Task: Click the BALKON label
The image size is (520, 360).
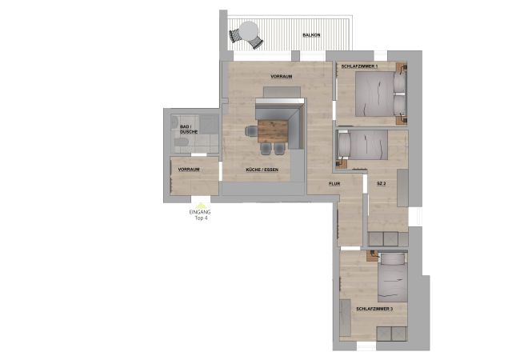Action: [311, 36]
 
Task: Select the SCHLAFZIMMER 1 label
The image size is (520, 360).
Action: [358, 66]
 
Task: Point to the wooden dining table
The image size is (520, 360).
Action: [273, 130]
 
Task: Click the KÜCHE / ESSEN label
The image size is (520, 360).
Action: [261, 170]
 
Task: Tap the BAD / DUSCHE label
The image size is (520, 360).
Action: [186, 129]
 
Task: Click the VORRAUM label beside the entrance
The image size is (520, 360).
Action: [188, 170]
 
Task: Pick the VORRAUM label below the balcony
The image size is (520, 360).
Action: [281, 76]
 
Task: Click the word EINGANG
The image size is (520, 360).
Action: [200, 211]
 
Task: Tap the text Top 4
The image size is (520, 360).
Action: [201, 218]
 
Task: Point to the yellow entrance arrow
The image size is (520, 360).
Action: [201, 204]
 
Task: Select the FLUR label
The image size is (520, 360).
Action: [335, 184]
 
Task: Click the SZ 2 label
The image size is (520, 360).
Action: [382, 185]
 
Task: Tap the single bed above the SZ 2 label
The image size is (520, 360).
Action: [365, 145]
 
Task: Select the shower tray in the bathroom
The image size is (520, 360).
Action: [208, 125]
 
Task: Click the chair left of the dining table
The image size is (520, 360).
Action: [250, 130]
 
